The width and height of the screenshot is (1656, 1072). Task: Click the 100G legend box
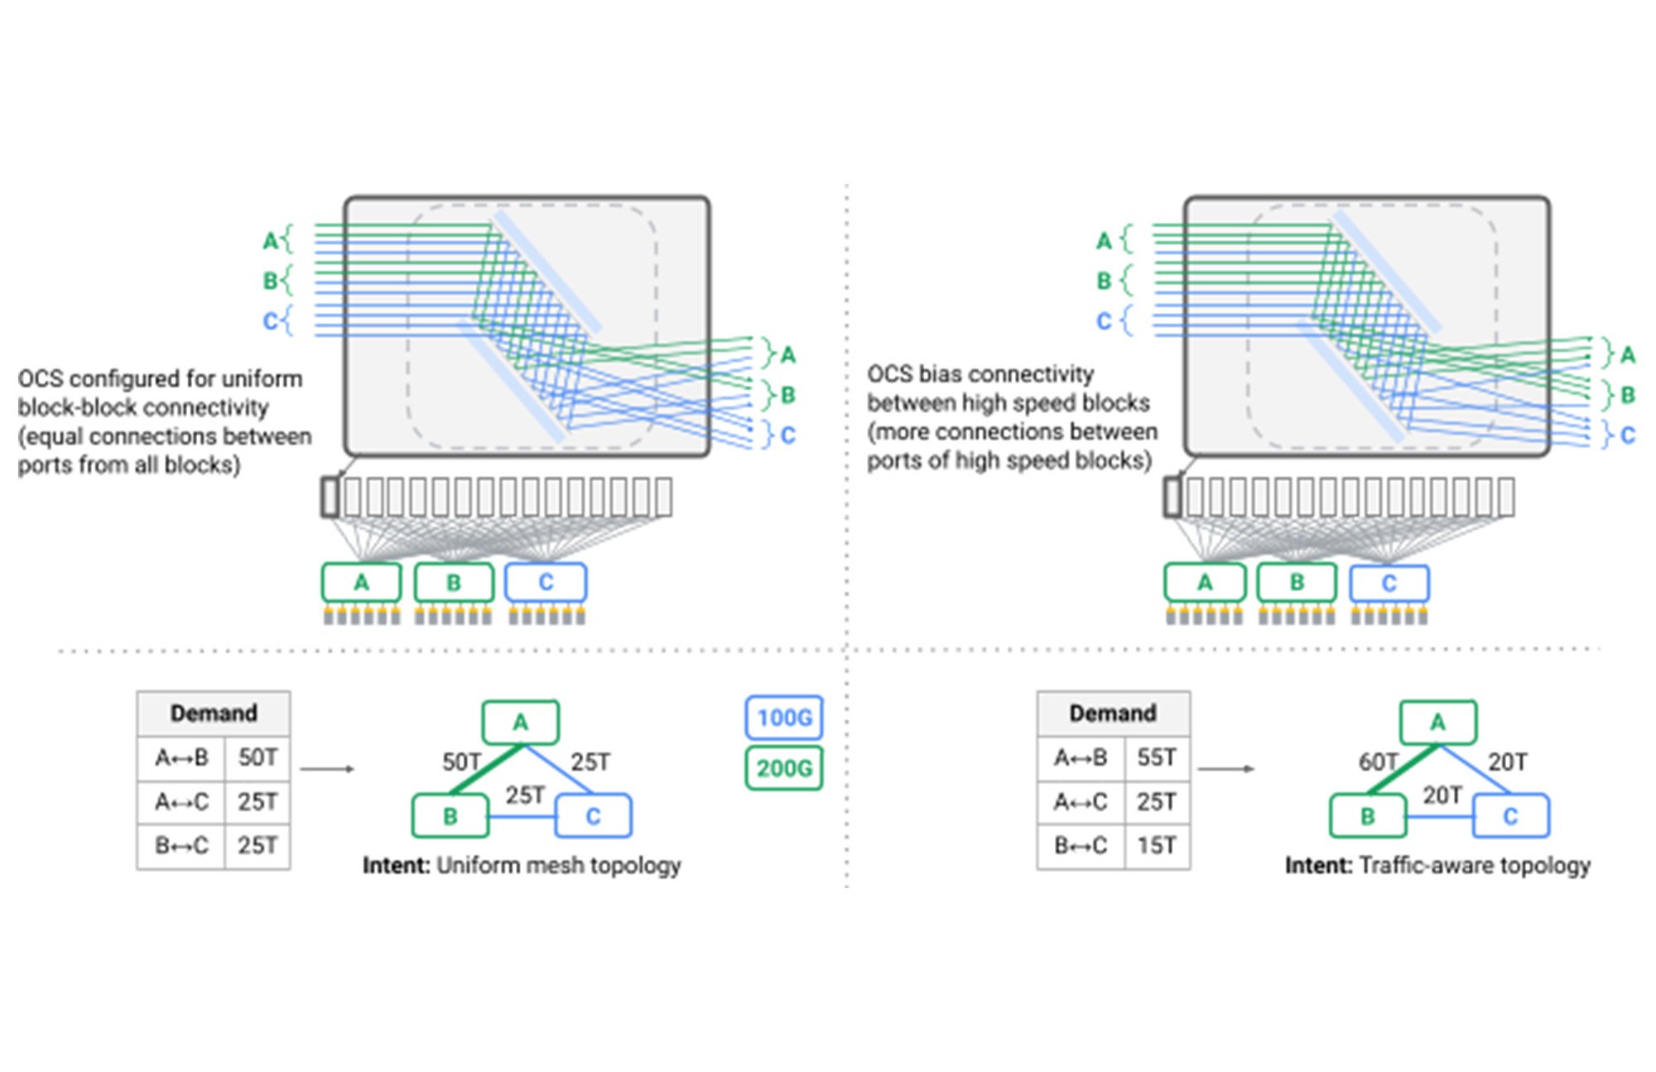pyautogui.click(x=783, y=717)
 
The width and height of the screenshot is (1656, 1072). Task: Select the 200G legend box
pyautogui.click(x=783, y=768)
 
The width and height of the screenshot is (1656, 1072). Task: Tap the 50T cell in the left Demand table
pyautogui.click(x=258, y=757)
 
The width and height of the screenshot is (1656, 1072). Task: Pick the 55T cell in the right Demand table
pyautogui.click(x=1157, y=757)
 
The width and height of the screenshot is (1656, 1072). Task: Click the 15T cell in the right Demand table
pyautogui.click(x=1157, y=845)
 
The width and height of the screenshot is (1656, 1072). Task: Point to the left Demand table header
pyautogui.click(x=214, y=713)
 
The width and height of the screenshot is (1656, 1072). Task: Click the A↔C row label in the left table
pyautogui.click(x=181, y=801)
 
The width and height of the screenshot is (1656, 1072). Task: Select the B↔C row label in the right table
pyautogui.click(x=1081, y=845)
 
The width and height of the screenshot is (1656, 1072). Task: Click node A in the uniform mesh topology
pyautogui.click(x=520, y=723)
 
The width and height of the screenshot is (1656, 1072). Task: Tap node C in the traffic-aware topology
pyautogui.click(x=1510, y=816)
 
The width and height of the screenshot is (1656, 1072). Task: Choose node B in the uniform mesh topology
pyautogui.click(x=450, y=816)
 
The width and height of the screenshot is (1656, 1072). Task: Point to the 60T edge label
pyautogui.click(x=1378, y=762)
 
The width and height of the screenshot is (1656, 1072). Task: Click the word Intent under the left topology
pyautogui.click(x=396, y=866)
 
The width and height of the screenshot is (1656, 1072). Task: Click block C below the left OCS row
pyautogui.click(x=546, y=583)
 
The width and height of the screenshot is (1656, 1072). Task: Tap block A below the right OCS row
pyautogui.click(x=1205, y=583)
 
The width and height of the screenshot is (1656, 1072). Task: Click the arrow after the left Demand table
pyautogui.click(x=327, y=769)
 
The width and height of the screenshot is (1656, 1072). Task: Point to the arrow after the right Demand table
pyautogui.click(x=1226, y=769)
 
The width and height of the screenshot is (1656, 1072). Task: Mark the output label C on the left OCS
pyautogui.click(x=787, y=435)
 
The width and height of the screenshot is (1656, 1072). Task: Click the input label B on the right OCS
pyautogui.click(x=1103, y=281)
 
